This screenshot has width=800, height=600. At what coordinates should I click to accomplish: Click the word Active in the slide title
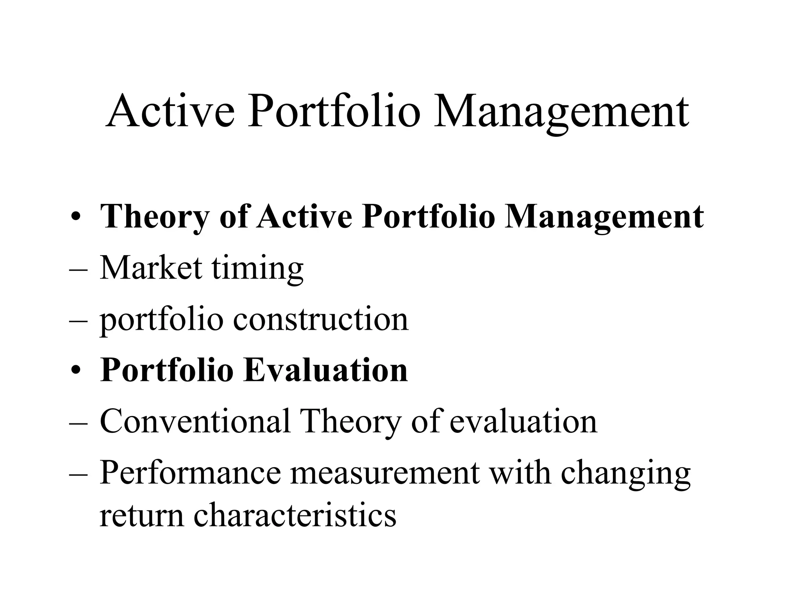170,112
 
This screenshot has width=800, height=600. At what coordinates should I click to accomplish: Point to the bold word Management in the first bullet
604,217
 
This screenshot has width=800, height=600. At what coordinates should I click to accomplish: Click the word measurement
384,473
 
